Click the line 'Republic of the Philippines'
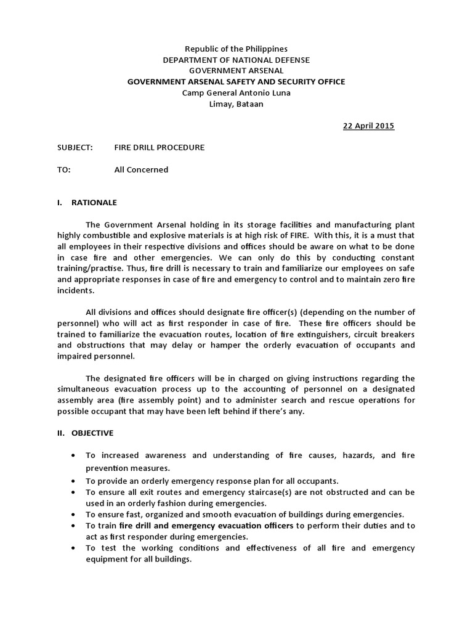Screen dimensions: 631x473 click(236, 49)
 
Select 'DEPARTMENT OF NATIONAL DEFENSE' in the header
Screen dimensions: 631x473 click(236, 60)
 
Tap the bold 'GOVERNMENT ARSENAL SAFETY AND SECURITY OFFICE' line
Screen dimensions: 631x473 click(236, 82)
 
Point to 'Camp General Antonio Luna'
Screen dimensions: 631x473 click(236, 93)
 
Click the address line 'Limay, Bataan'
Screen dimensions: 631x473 click(236, 104)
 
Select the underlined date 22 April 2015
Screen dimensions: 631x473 click(368, 126)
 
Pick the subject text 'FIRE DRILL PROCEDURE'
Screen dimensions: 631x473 click(160, 148)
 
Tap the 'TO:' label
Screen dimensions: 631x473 click(64, 170)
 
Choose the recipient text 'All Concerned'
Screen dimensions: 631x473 click(141, 170)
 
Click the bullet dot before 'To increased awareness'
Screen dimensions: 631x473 click(73, 456)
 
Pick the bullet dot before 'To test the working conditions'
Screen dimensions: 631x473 click(73, 548)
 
